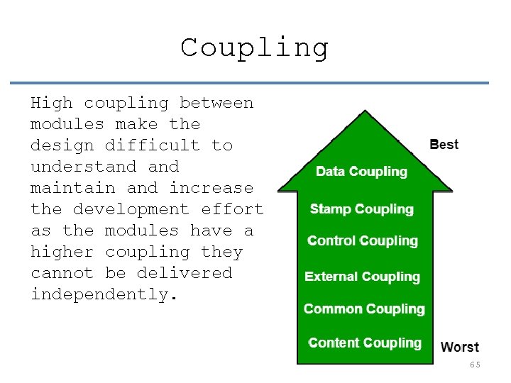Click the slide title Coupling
(255, 48)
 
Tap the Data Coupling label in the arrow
(361, 172)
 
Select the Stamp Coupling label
(361, 209)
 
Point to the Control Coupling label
(363, 241)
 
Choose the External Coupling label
(362, 277)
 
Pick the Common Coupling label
(364, 309)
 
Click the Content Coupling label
(365, 343)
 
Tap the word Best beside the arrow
(444, 145)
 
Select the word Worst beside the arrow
(460, 348)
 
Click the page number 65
(475, 365)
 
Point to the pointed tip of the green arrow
(364, 113)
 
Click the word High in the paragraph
(52, 104)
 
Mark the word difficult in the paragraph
(153, 145)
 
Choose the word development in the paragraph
(131, 209)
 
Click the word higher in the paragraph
(62, 252)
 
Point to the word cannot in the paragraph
(62, 273)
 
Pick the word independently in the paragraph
(99, 294)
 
